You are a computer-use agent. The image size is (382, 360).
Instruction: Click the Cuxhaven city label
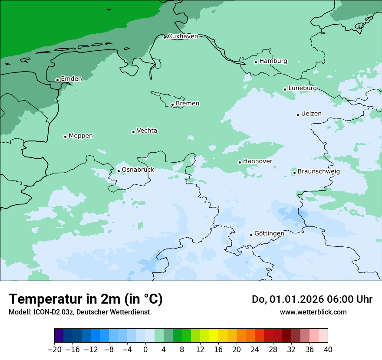click(x=183, y=36)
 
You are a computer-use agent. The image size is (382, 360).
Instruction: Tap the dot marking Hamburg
click(x=256, y=62)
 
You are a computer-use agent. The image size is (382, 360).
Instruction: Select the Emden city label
click(x=71, y=79)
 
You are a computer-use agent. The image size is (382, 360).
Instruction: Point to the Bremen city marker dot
click(x=172, y=105)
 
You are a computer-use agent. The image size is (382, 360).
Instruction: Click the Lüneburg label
click(x=303, y=88)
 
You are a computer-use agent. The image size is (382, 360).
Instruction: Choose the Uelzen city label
click(x=311, y=114)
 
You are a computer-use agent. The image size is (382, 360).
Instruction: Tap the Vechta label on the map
click(x=147, y=131)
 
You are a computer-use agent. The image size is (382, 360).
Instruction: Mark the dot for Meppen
click(x=65, y=137)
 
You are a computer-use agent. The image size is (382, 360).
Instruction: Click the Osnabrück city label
click(x=138, y=170)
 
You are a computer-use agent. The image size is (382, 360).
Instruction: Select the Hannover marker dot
click(x=240, y=162)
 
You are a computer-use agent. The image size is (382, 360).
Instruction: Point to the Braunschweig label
click(x=319, y=172)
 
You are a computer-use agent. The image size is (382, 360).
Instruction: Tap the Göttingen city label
click(x=269, y=234)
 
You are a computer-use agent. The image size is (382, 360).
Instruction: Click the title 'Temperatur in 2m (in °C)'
click(x=86, y=299)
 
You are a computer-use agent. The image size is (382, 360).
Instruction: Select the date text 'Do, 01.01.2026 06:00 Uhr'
click(x=312, y=299)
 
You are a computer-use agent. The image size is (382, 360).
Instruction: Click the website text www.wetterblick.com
click(x=313, y=312)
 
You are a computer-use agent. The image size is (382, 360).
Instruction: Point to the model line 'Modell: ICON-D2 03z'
click(x=79, y=312)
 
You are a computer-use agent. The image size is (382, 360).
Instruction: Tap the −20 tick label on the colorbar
click(x=54, y=350)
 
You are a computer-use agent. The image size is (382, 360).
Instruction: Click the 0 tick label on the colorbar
click(x=145, y=350)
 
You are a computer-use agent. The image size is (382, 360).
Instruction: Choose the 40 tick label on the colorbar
click(x=328, y=350)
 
